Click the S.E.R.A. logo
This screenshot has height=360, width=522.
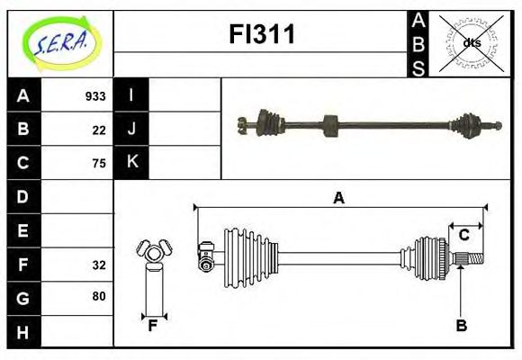click(60, 42)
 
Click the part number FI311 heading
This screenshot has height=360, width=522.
click(260, 35)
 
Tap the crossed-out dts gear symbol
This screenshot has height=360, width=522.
click(472, 41)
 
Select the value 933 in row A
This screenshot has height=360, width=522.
click(95, 96)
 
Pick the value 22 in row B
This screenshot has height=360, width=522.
click(99, 130)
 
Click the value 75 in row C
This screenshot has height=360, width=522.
click(99, 163)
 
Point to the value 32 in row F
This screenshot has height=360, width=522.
click(99, 265)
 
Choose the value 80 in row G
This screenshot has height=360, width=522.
click(99, 296)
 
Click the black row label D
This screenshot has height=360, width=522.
click(22, 196)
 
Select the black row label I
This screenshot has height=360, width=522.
click(131, 95)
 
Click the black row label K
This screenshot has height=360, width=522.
click(131, 162)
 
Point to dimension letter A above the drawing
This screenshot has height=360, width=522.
click(338, 198)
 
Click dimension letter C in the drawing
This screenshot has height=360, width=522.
click(463, 235)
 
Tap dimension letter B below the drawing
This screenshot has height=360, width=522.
click(461, 326)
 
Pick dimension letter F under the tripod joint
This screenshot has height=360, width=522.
click(153, 326)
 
